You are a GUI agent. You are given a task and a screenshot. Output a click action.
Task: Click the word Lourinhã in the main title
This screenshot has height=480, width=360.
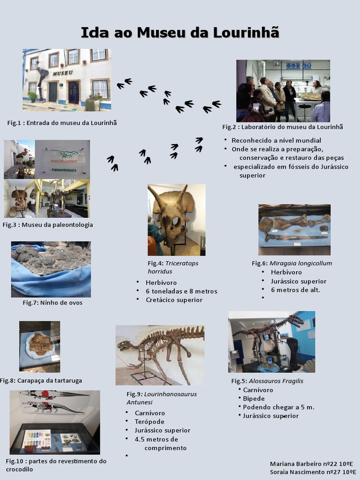(x=246, y=32)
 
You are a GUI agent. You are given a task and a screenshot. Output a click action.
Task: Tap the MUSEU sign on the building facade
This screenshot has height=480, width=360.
(x=63, y=73)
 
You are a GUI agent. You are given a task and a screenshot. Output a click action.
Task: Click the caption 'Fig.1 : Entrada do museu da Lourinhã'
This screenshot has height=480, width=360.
(x=62, y=123)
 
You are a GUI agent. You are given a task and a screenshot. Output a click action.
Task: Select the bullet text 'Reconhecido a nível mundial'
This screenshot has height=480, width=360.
(x=276, y=141)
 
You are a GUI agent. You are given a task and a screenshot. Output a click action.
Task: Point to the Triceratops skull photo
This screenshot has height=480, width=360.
(x=176, y=220)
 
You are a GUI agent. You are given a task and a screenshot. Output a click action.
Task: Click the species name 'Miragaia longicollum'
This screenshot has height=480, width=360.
(x=300, y=263)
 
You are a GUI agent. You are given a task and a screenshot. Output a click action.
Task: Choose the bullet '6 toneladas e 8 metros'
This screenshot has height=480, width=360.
(x=181, y=292)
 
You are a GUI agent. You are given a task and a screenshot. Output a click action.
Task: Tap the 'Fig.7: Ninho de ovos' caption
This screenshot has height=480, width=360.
(x=52, y=303)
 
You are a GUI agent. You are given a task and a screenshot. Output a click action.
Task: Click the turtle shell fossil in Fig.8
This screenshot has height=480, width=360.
(x=41, y=344)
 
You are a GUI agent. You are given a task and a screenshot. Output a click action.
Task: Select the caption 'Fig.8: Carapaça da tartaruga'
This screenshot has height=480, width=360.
(x=41, y=381)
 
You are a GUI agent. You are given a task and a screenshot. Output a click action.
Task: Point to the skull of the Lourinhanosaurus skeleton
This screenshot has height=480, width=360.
(x=125, y=345)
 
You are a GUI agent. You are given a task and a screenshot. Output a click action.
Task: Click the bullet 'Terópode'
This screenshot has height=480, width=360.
(x=150, y=422)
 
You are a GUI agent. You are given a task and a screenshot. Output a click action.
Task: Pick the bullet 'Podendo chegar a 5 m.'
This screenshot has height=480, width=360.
(x=278, y=407)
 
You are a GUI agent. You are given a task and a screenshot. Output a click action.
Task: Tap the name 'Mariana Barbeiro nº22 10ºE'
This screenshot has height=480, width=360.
(x=311, y=464)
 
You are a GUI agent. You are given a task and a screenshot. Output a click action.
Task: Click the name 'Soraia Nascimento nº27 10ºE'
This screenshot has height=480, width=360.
(x=313, y=472)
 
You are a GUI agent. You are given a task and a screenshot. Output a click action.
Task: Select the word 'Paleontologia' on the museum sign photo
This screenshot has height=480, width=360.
(x=64, y=170)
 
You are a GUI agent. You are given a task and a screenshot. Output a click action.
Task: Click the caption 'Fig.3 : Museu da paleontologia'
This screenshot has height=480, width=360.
(x=48, y=225)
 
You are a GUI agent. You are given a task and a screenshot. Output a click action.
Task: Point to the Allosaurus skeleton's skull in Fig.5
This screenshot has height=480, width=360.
(x=295, y=320)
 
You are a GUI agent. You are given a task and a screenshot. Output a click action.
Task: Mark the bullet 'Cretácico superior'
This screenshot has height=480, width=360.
(x=174, y=300)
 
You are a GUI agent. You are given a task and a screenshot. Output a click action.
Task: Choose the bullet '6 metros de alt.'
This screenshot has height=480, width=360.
(x=295, y=290)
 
